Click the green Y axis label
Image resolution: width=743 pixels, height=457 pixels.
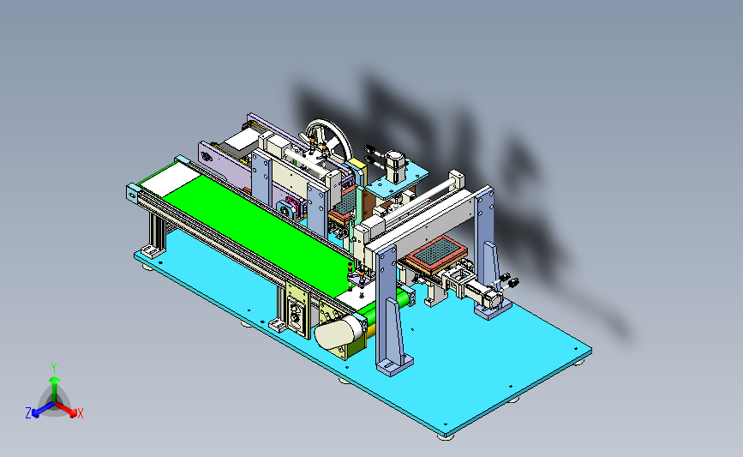click(x=54, y=368)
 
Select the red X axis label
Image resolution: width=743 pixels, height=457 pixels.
click(x=80, y=413)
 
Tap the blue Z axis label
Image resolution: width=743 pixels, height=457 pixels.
click(x=28, y=413)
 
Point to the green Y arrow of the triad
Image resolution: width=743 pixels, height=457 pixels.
click(x=55, y=389)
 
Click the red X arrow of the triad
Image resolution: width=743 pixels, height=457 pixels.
click(x=65, y=409)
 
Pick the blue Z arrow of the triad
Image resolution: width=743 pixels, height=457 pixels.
click(x=44, y=409)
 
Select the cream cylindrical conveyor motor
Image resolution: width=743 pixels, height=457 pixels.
click(x=339, y=331)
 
